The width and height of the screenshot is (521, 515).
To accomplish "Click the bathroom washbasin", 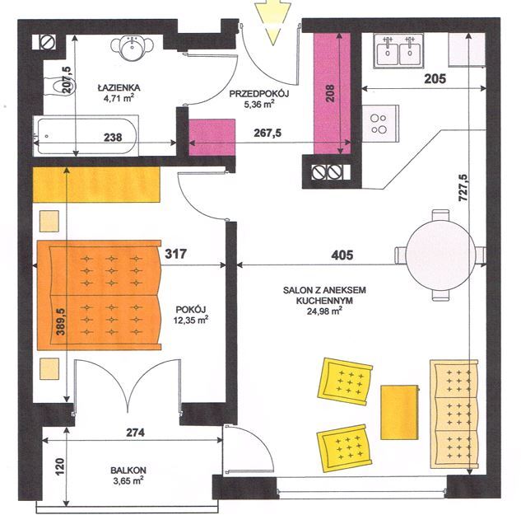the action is (133, 48).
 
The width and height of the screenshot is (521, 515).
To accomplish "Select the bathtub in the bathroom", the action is (86, 136).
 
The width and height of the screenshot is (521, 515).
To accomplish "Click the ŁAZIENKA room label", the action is (119, 88).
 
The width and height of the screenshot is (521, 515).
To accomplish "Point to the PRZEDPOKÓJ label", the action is (259, 94).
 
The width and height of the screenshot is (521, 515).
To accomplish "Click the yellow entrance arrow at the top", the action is (273, 22).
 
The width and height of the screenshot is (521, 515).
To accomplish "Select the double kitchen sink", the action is (398, 50).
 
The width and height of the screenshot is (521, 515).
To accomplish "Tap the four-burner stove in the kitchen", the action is (380, 124).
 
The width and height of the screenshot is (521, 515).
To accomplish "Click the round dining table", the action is (440, 255).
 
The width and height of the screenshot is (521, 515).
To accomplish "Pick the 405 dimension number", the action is (342, 255).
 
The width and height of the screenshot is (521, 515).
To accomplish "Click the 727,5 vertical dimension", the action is (463, 188).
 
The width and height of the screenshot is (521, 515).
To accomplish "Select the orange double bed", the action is (99, 295).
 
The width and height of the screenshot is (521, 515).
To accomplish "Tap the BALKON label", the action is (128, 470).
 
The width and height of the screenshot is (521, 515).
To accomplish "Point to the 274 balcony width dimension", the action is (135, 433).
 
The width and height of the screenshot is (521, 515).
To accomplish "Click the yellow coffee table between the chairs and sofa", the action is (399, 413).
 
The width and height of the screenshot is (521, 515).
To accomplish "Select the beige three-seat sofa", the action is (454, 414).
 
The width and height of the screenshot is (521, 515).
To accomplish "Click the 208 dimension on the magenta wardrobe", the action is (330, 93).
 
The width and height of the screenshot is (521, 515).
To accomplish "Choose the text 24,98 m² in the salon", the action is (324, 311).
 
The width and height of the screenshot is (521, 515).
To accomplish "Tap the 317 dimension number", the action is (176, 254).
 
